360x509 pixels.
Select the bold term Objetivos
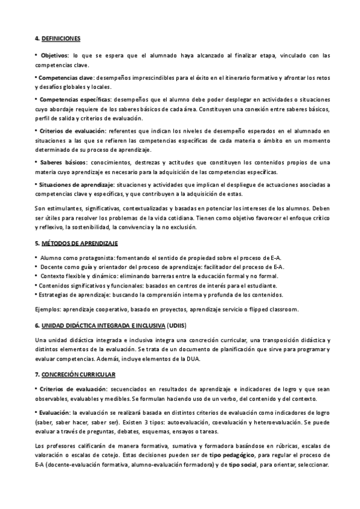(x=54, y=55)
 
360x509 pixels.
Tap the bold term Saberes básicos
(x=63, y=162)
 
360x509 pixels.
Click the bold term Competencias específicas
(x=73, y=99)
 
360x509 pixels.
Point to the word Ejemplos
(x=47, y=309)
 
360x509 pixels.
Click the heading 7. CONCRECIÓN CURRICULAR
(x=75, y=374)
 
